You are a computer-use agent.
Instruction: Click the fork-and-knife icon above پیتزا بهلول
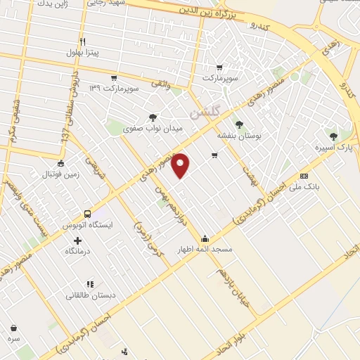tap(82, 41)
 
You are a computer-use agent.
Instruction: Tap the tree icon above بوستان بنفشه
tap(240, 124)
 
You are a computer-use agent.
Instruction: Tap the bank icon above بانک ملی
tap(304, 176)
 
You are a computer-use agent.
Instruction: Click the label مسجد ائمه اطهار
tap(204, 249)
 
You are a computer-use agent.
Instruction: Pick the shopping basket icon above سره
tap(13, 327)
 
